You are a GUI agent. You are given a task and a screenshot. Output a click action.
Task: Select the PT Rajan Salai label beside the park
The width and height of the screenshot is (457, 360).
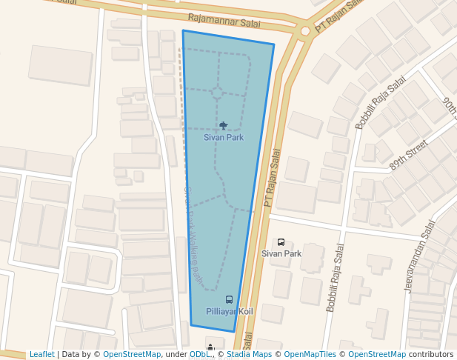point(273,178)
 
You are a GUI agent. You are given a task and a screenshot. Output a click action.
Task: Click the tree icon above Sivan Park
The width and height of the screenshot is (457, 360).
point(224,126)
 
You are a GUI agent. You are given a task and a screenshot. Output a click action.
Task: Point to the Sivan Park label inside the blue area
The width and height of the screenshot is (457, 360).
point(224,138)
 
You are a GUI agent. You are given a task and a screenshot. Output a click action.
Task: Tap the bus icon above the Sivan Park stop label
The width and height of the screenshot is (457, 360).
point(281,242)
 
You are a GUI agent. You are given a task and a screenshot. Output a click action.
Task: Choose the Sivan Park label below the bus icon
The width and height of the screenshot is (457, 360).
point(281,253)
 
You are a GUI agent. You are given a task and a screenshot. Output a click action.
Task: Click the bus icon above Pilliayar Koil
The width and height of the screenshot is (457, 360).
point(229,300)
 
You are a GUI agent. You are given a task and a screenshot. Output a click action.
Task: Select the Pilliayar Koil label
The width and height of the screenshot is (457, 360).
point(229,311)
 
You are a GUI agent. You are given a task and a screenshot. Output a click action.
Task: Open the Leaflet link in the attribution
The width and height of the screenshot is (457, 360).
point(41,354)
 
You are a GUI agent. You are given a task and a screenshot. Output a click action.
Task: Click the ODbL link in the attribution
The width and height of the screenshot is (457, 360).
point(199,354)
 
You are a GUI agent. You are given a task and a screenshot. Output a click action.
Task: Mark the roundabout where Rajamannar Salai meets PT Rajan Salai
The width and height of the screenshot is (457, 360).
point(304,31)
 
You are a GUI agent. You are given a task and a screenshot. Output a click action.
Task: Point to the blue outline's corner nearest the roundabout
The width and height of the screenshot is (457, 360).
point(274,44)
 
